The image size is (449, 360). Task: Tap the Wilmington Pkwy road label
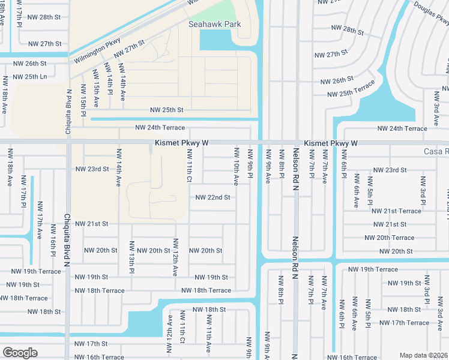click(97, 52)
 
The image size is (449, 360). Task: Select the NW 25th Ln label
click(30, 77)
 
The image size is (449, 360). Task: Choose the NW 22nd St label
click(213, 197)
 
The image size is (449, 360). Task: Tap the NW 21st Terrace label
click(396, 211)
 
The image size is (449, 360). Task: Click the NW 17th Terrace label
click(404, 323)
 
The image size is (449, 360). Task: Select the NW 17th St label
click(91, 344)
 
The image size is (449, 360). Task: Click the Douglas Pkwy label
click(431, 13)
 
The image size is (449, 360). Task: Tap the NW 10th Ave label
click(236, 169)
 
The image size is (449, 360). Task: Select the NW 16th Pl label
click(53, 245)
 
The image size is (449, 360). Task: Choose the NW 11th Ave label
click(208, 340)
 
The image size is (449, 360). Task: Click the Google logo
click(20, 353)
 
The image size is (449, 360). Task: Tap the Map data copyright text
click(423, 355)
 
